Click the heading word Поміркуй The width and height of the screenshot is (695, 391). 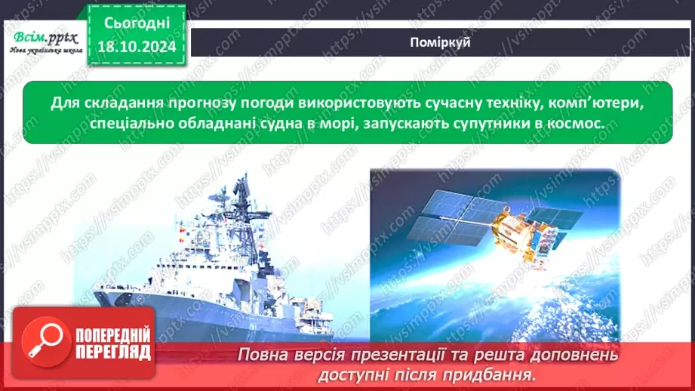click(441, 43)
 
